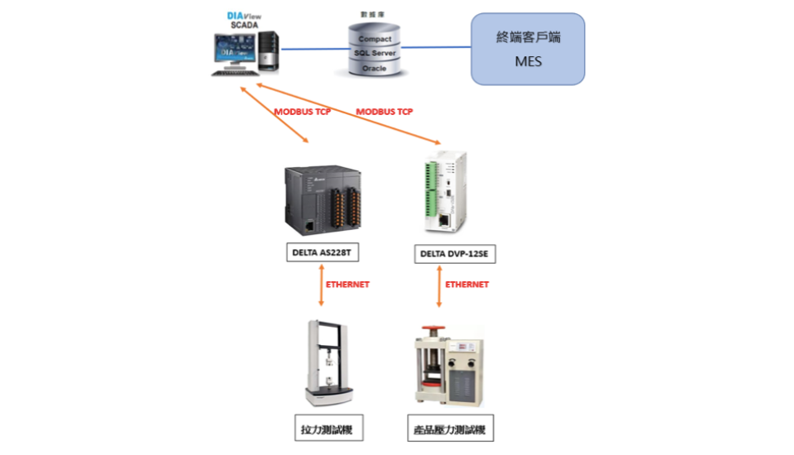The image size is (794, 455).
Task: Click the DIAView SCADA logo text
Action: tap(244, 20)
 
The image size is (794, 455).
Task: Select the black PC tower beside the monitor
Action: tap(268, 50)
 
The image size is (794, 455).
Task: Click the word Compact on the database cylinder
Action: tap(375, 39)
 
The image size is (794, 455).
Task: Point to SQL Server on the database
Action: tap(375, 53)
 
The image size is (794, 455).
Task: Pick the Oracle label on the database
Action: tap(374, 69)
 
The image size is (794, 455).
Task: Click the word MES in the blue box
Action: tap(529, 61)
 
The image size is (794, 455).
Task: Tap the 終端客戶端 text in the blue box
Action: tap(529, 37)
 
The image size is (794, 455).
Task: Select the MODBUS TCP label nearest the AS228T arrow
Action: tap(303, 112)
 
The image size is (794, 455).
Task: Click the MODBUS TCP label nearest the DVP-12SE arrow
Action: tap(385, 112)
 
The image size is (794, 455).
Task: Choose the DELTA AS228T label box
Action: tap(323, 252)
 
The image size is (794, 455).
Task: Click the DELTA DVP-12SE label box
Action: tap(455, 254)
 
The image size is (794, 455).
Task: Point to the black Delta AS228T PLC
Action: tap(323, 200)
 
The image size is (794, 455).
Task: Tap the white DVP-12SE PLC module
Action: tap(445, 193)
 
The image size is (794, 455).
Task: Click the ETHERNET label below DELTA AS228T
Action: tap(347, 285)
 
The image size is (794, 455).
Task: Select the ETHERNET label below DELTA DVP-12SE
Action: tap(466, 285)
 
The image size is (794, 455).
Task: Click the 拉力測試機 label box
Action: tap(329, 429)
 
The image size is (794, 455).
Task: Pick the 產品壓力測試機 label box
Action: tap(451, 429)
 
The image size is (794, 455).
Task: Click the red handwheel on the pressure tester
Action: tap(433, 328)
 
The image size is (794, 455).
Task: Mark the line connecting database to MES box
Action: tap(436, 48)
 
